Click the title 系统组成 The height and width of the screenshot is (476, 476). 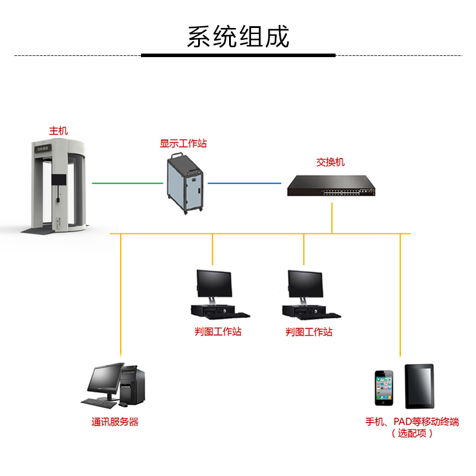[238, 37]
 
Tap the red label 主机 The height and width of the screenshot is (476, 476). [58, 130]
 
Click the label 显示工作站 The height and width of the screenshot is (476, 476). [183, 143]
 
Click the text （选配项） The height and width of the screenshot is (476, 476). [412, 433]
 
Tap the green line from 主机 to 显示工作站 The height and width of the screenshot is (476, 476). [127, 183]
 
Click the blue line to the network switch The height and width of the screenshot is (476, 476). [244, 183]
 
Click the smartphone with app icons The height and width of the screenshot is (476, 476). [384, 389]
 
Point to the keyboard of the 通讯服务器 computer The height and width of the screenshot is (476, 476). [99, 403]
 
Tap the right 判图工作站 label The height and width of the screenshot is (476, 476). [309, 332]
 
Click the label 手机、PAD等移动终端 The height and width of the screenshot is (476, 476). [412, 422]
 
